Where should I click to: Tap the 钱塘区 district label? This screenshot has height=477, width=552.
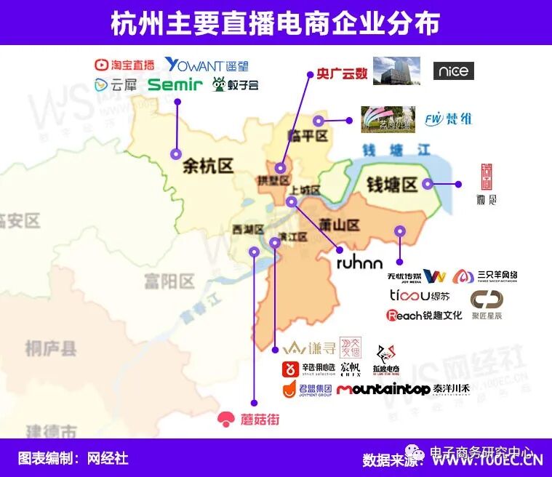pyautogui.click(x=391, y=185)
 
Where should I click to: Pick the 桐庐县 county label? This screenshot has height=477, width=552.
pyautogui.click(x=50, y=348)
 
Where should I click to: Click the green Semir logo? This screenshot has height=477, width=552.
pyautogui.click(x=175, y=85)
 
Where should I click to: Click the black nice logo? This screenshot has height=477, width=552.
pyautogui.click(x=453, y=71)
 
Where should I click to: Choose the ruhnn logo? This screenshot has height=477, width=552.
pyautogui.click(x=359, y=262)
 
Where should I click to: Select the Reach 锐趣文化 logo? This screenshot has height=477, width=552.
pyautogui.click(x=424, y=315)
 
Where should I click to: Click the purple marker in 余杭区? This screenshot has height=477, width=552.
pyautogui.click(x=175, y=154)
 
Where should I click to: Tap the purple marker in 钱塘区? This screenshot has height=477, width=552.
pyautogui.click(x=427, y=184)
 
